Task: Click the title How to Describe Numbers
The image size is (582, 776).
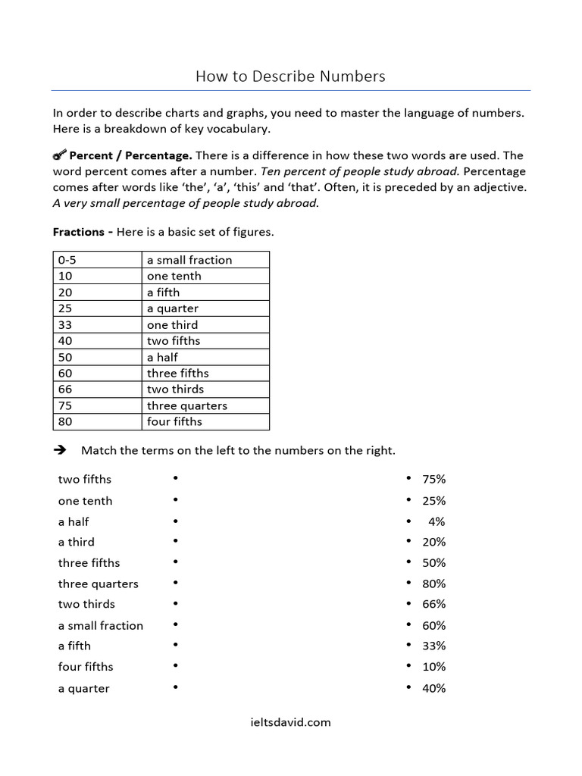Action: point(290,76)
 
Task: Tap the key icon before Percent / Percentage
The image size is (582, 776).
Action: point(60,155)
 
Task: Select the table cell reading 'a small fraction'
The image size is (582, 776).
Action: point(189,260)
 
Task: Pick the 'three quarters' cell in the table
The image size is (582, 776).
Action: point(186,405)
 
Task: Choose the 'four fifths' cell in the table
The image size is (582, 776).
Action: point(174,421)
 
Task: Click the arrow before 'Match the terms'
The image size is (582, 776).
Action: point(61,450)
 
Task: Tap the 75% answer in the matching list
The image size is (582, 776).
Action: point(434,479)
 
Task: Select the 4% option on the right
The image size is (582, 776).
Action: point(436,521)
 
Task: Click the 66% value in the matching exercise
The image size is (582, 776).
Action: point(434,604)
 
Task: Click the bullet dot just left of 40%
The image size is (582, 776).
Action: point(408,687)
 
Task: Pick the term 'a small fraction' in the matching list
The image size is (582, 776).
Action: point(100,625)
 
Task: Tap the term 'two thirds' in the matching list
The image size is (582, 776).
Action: point(86,604)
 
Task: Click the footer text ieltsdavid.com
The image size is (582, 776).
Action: point(290,722)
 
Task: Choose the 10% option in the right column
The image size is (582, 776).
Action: point(434,667)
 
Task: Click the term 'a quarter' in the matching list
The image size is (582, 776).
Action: point(83,688)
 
